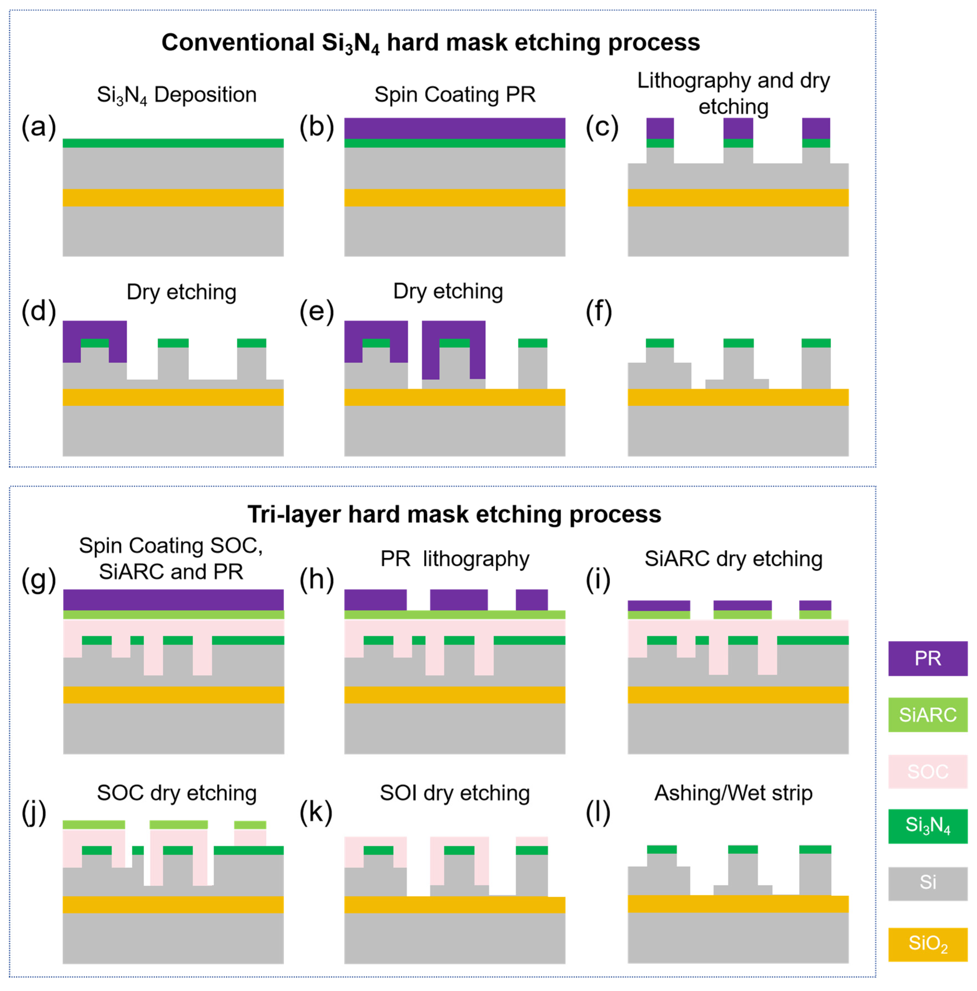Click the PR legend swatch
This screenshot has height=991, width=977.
point(927,658)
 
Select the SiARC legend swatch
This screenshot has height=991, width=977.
point(927,715)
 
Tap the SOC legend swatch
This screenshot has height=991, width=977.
point(927,771)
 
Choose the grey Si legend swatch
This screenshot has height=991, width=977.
point(927,883)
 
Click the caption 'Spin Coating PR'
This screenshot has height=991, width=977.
point(454,94)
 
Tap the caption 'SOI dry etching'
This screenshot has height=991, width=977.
point(454,793)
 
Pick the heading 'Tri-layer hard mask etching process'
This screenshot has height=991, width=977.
point(454,514)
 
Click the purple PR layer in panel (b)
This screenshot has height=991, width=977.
point(454,128)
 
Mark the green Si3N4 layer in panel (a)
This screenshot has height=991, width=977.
point(173,143)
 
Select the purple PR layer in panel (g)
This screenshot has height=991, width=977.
point(173,600)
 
